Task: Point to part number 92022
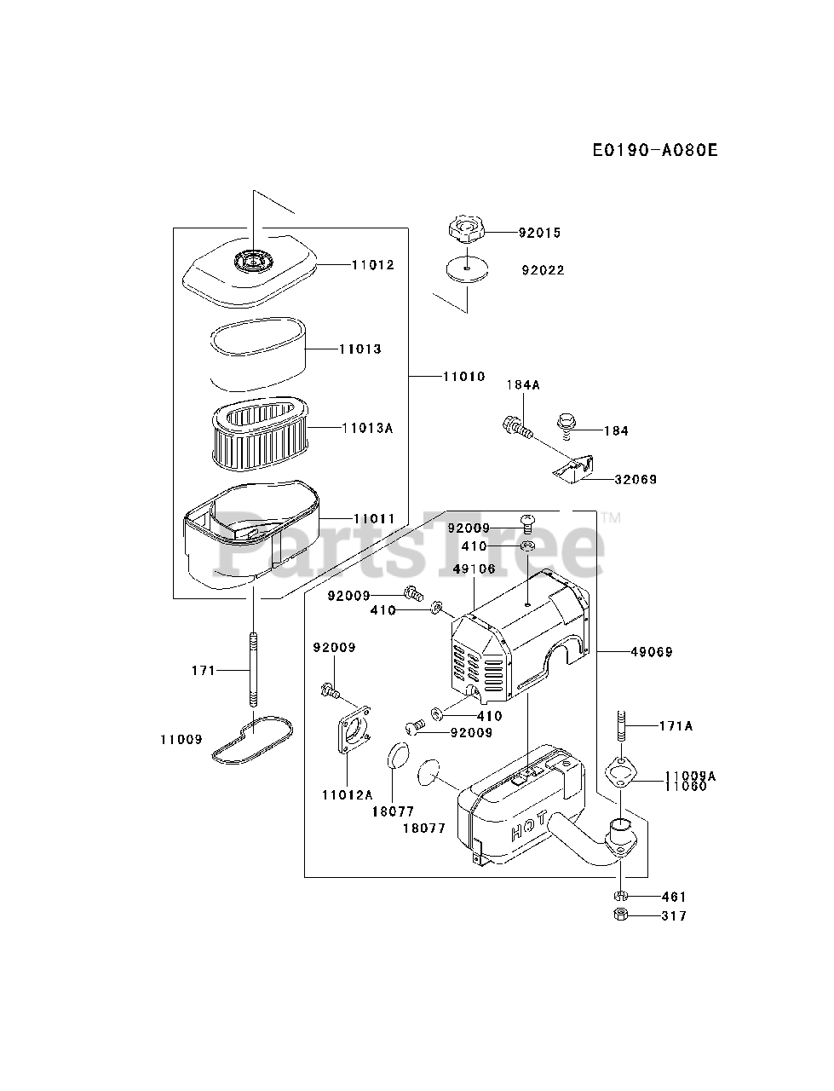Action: pyautogui.click(x=543, y=270)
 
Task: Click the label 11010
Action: pyautogui.click(x=463, y=376)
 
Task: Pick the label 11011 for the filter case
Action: pyautogui.click(x=374, y=518)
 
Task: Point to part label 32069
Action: pyautogui.click(x=636, y=480)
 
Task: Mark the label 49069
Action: pyautogui.click(x=652, y=652)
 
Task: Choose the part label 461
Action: pyautogui.click(x=673, y=897)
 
